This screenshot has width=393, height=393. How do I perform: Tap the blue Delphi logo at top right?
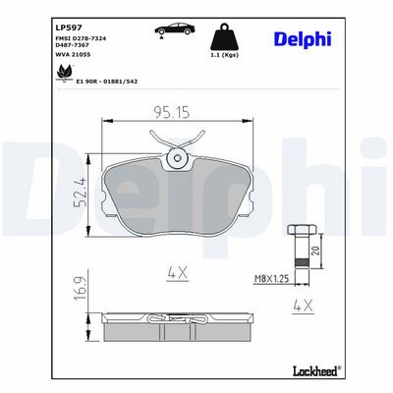pyautogui.click(x=303, y=40)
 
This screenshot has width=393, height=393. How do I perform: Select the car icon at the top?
pyautogui.click(x=175, y=29)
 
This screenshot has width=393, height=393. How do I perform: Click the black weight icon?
pyautogui.click(x=224, y=36)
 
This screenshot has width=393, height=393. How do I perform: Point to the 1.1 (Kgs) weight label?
pyautogui.click(x=224, y=55)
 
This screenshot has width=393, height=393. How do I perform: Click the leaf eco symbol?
pyautogui.click(x=65, y=73)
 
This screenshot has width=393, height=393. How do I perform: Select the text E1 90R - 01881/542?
pyautogui.click(x=107, y=82)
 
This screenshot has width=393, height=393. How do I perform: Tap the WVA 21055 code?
pyautogui.click(x=73, y=54)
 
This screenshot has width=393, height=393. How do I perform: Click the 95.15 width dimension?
pyautogui.click(x=172, y=112)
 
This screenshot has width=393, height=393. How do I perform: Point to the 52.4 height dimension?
pyautogui.click(x=81, y=193)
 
